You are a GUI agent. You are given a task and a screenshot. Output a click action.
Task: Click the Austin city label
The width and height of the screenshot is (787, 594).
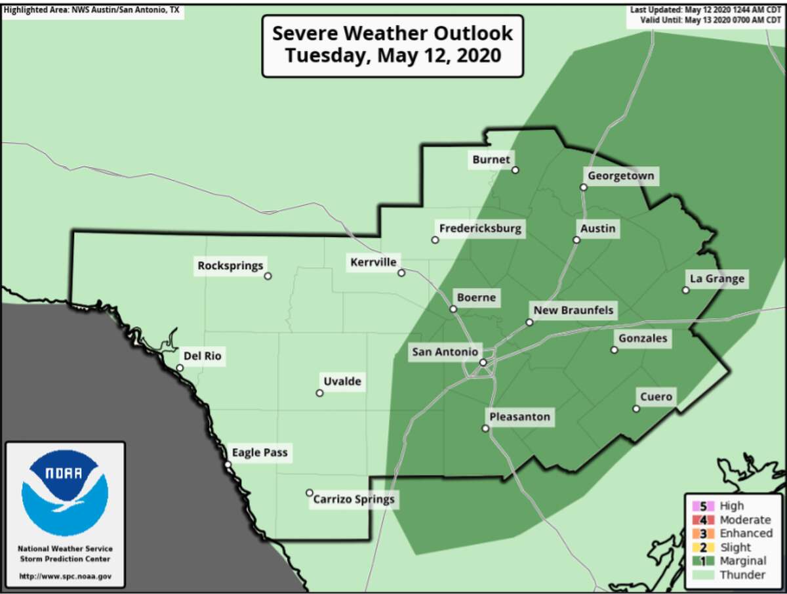click(x=597, y=228)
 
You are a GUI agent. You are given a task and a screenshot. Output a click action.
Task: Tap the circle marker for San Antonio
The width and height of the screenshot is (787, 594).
click(x=483, y=362)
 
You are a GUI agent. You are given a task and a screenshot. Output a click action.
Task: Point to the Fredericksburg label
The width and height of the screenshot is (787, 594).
click(x=480, y=228)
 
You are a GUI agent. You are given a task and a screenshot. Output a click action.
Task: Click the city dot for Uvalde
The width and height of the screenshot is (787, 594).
click(x=319, y=393)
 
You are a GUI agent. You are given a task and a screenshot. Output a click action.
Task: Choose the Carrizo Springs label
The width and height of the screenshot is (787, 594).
click(x=354, y=499)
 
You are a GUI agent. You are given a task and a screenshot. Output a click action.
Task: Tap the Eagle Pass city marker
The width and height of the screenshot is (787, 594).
click(x=228, y=465)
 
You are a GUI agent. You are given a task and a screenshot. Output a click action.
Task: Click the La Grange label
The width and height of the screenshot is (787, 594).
click(x=716, y=278)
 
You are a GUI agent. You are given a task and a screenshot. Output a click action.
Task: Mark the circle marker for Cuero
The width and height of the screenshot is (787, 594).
click(x=636, y=409)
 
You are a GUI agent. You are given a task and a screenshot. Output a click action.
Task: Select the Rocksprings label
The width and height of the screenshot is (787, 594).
click(x=230, y=266)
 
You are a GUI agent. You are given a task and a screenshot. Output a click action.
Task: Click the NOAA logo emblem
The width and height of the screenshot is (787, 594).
click(x=64, y=492)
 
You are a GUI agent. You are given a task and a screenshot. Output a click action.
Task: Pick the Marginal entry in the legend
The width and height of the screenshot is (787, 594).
click(x=742, y=561)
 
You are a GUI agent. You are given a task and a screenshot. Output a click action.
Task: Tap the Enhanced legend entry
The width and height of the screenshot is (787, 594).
click(x=746, y=533)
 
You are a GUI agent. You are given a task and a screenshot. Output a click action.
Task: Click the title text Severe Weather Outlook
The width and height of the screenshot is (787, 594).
click(x=392, y=33)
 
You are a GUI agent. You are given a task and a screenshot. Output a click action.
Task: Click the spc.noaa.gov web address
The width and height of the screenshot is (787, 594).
click(x=65, y=576)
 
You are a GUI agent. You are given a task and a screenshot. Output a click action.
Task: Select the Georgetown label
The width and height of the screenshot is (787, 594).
click(x=620, y=176)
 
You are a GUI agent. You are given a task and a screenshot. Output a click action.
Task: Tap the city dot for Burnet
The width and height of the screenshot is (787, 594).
click(x=515, y=170)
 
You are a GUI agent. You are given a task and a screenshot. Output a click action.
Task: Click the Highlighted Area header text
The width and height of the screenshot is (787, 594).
click(x=92, y=10)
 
